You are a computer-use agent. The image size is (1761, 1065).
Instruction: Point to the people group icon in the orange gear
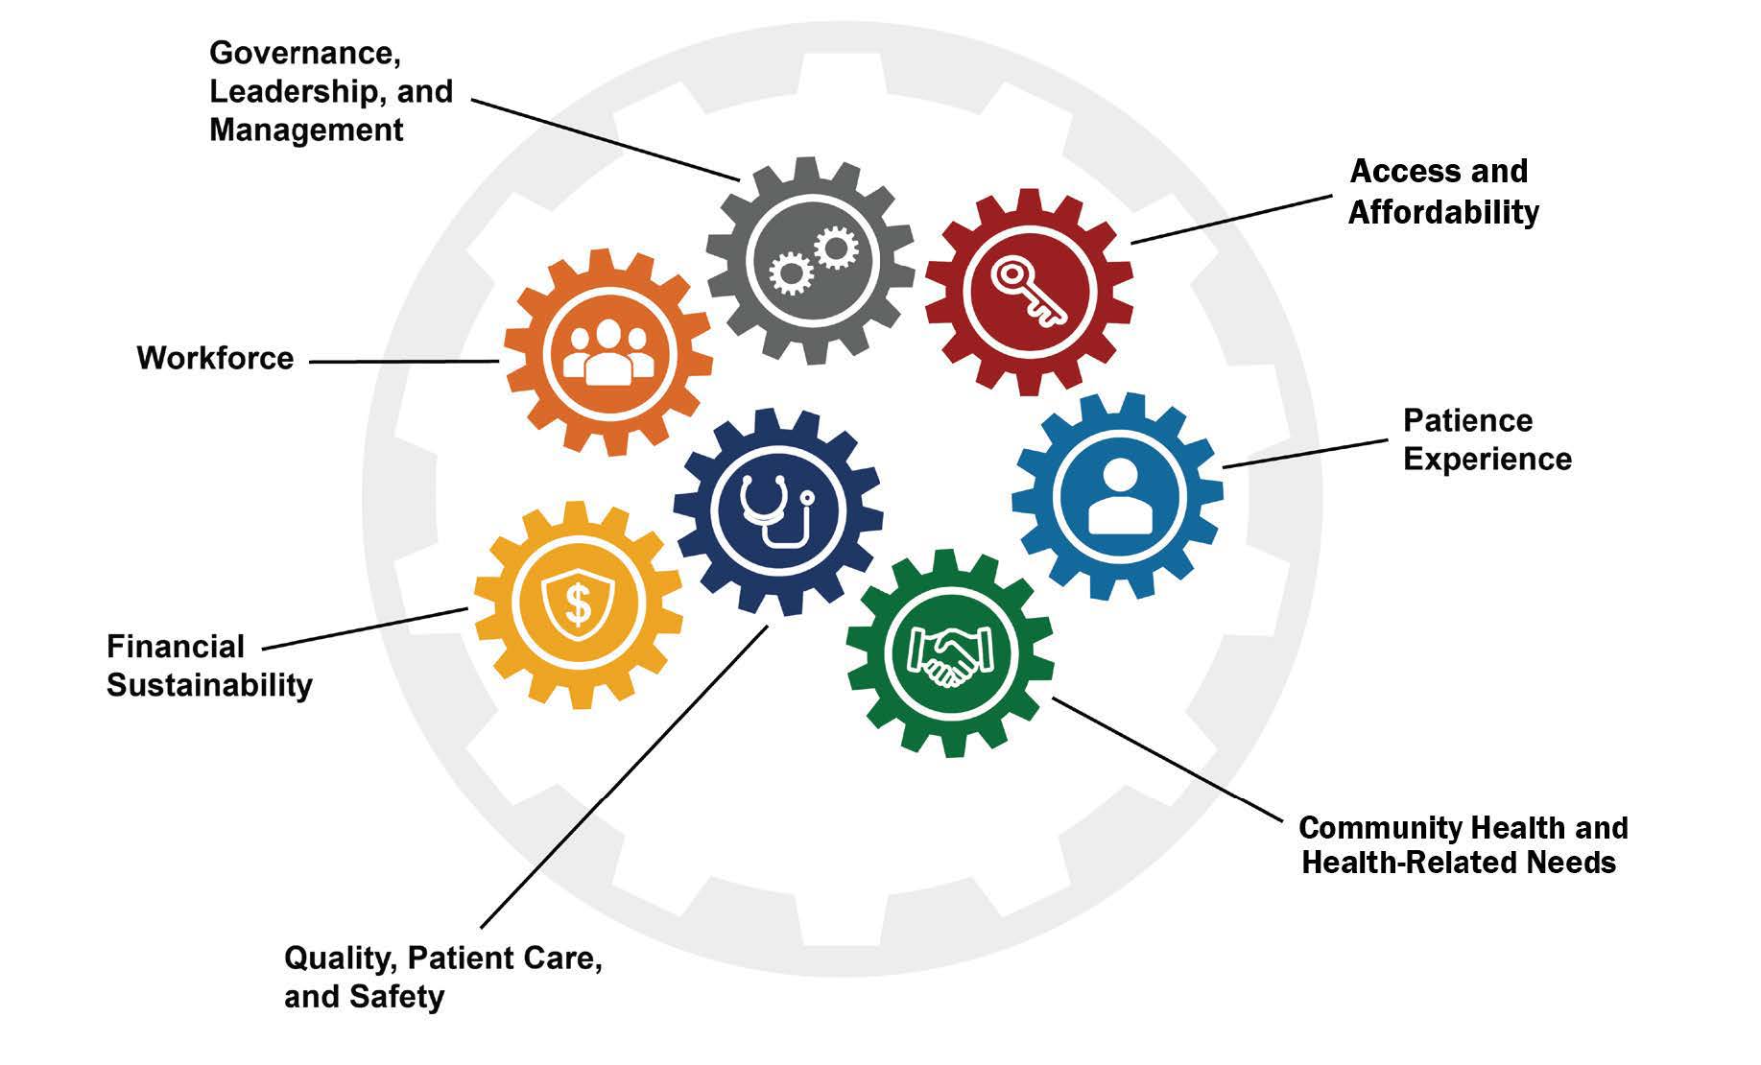coord(608,353)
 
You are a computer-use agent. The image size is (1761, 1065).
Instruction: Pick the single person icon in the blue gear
coord(1119,496)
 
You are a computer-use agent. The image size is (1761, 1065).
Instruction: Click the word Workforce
coord(215,358)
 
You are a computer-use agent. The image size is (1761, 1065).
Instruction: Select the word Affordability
coord(1443,212)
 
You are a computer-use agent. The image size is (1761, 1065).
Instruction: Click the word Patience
coord(1467,420)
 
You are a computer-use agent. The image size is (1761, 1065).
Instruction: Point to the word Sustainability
coord(209,685)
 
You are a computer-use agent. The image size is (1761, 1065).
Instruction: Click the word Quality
coord(340,958)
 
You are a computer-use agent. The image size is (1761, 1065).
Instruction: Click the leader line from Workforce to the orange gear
coord(403,362)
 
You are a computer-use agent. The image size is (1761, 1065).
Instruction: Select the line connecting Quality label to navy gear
coord(624,777)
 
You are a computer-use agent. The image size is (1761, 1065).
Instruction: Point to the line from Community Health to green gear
coord(1167,759)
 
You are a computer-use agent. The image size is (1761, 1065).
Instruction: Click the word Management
coord(306,130)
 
